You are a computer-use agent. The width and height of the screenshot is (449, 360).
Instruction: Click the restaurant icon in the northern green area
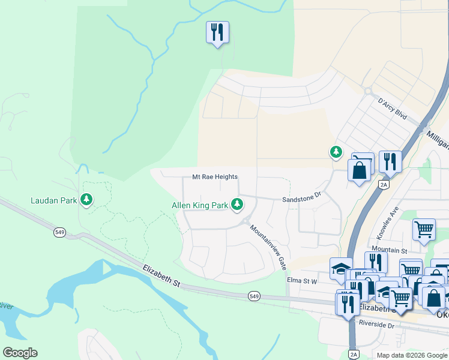[x=217, y=32]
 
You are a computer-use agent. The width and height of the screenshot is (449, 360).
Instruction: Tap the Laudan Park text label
[x=54, y=200]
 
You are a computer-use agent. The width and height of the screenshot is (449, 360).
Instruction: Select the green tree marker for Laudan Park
[x=87, y=199]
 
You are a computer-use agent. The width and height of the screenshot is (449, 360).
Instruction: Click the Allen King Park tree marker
[x=237, y=205]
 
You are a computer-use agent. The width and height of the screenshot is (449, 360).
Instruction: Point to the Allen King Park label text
[x=200, y=206]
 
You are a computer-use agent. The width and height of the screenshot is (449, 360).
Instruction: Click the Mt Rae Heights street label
[x=214, y=177]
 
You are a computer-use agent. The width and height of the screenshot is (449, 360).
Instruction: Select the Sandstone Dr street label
[x=303, y=196]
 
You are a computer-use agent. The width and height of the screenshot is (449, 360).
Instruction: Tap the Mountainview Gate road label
[x=265, y=247]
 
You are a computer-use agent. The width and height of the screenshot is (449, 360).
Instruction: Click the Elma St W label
[x=301, y=280]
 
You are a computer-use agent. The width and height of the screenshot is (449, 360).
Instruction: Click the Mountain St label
[x=389, y=250]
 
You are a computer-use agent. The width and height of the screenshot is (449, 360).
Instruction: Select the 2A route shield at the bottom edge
[x=353, y=354]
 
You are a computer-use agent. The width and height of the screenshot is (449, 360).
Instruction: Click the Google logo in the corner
[x=20, y=353]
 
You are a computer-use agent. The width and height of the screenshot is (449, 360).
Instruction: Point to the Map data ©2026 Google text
[x=412, y=355]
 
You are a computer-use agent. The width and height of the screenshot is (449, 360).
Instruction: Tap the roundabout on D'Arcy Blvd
[x=367, y=91]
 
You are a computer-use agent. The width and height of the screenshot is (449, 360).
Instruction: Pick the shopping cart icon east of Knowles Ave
[x=424, y=229]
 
